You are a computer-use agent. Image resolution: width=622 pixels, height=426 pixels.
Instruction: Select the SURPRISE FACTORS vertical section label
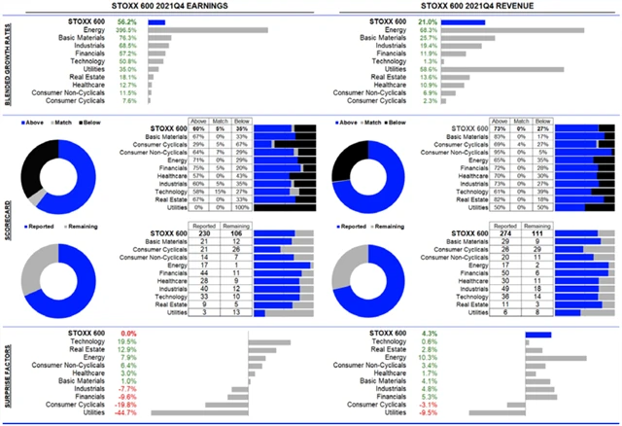pos(8,374)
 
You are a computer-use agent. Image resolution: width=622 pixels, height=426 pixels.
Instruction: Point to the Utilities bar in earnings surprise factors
pos(225,412)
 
